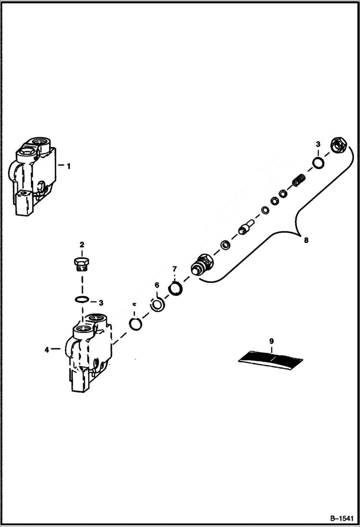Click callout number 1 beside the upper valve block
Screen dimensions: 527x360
point(69,166)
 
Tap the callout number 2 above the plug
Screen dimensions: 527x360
point(82,245)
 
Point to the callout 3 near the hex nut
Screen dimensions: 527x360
point(318,144)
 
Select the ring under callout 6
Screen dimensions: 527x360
point(157,305)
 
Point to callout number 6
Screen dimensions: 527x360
point(157,285)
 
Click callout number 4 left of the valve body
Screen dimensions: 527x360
point(47,350)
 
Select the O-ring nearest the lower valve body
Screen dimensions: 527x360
point(136,324)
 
